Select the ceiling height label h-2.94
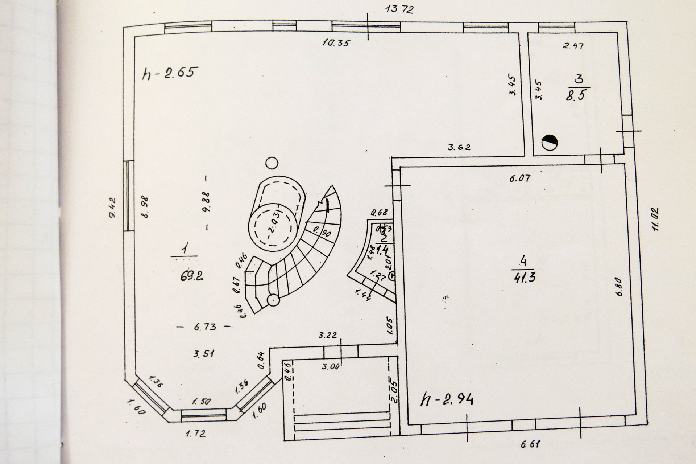[x=447, y=400]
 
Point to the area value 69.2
[x=191, y=276]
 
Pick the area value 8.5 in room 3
[x=576, y=96]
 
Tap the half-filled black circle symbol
[x=550, y=142]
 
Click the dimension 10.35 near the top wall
[x=337, y=43]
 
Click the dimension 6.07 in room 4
[x=519, y=178]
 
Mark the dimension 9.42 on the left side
[x=112, y=207]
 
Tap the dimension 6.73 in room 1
[x=205, y=327]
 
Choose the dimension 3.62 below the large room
[x=459, y=147]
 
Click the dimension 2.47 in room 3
[x=573, y=46]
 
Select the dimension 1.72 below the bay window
[x=196, y=433]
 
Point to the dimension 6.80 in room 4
[x=618, y=287]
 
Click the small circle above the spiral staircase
[x=272, y=163]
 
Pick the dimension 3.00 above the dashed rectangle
[x=330, y=366]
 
